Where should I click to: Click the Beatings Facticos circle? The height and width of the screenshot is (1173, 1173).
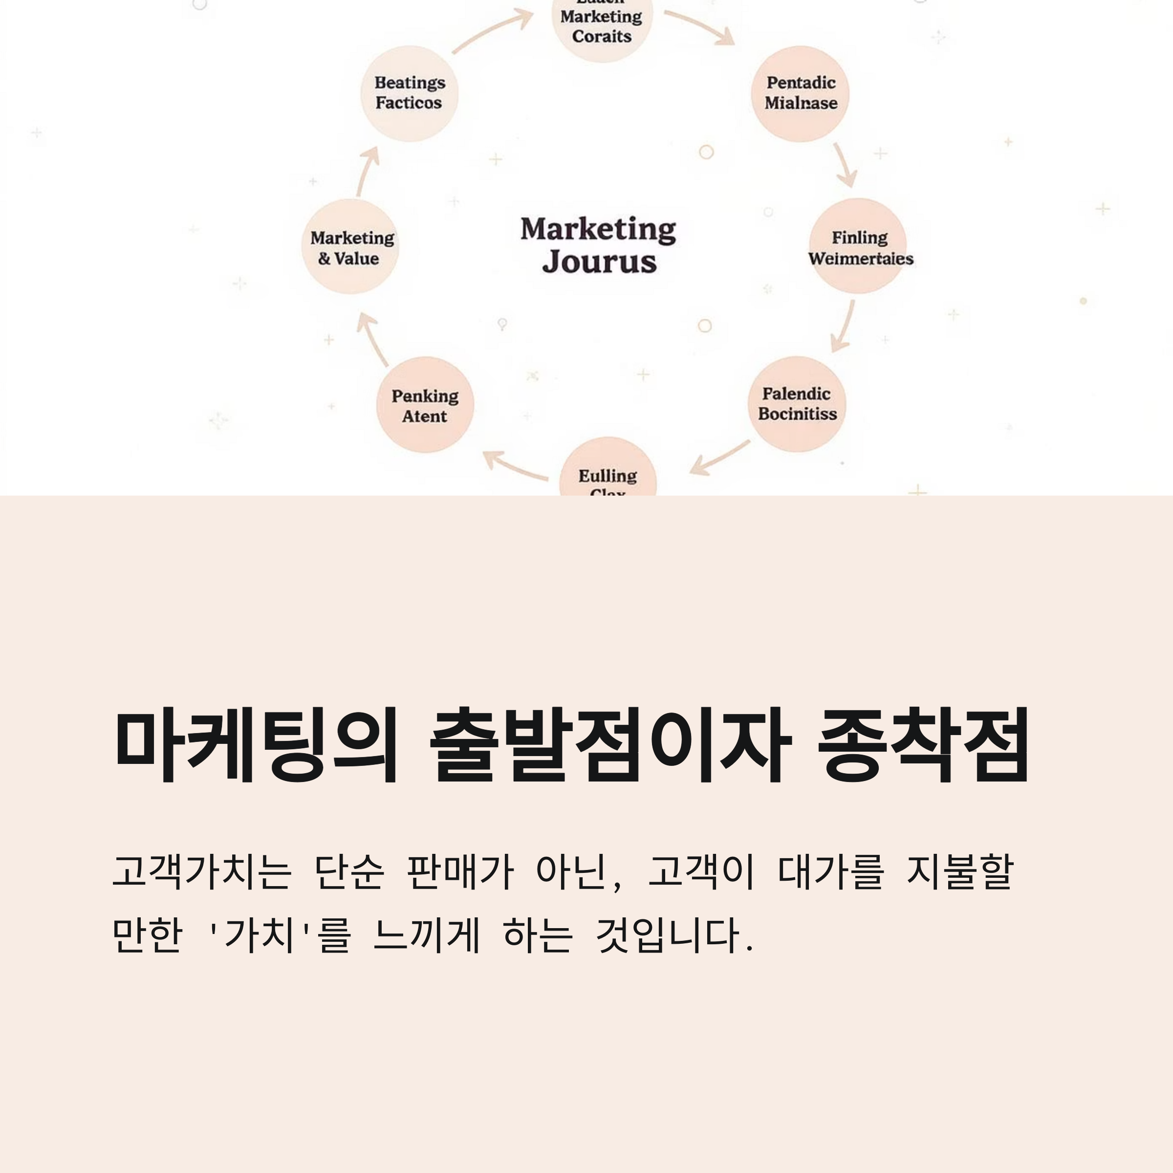click(x=409, y=93)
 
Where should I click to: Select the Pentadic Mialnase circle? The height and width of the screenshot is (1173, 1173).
click(x=800, y=93)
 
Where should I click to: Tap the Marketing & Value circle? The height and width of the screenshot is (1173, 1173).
click(x=350, y=246)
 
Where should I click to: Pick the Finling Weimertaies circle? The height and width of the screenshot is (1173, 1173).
click(x=858, y=246)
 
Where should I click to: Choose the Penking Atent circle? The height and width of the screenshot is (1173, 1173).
click(x=424, y=405)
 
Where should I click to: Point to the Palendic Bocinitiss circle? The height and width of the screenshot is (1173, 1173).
click(x=797, y=404)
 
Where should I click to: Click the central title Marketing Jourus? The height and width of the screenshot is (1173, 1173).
click(x=598, y=245)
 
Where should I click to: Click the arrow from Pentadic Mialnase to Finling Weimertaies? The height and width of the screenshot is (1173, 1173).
click(x=845, y=165)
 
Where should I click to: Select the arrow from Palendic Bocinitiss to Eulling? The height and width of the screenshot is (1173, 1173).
click(x=720, y=458)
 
